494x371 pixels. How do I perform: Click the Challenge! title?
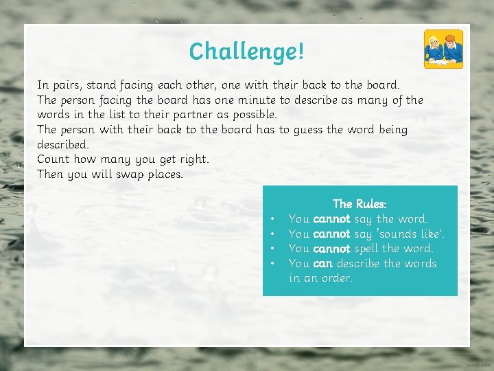point(246,51)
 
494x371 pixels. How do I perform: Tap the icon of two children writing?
point(443,49)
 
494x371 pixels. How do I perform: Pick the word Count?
point(54,159)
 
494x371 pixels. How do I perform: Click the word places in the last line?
point(165,174)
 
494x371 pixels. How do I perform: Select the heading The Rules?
point(360,203)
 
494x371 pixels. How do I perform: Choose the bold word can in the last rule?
point(322,263)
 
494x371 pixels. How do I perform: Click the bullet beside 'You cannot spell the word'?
point(273,249)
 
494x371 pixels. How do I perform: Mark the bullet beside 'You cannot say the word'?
point(273,218)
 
